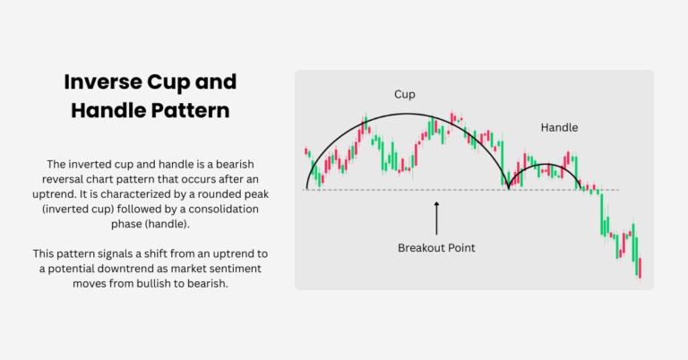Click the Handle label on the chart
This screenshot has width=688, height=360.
pyautogui.click(x=559, y=128)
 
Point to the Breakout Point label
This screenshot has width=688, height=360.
pyautogui.click(x=436, y=246)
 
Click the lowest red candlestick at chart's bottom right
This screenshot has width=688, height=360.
pyautogui.click(x=641, y=268)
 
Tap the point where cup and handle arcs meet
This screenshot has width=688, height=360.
pyautogui.click(x=509, y=188)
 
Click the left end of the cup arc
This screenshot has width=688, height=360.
pyautogui.click(x=307, y=188)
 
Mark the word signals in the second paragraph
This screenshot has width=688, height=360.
pyautogui.click(x=107, y=253)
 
